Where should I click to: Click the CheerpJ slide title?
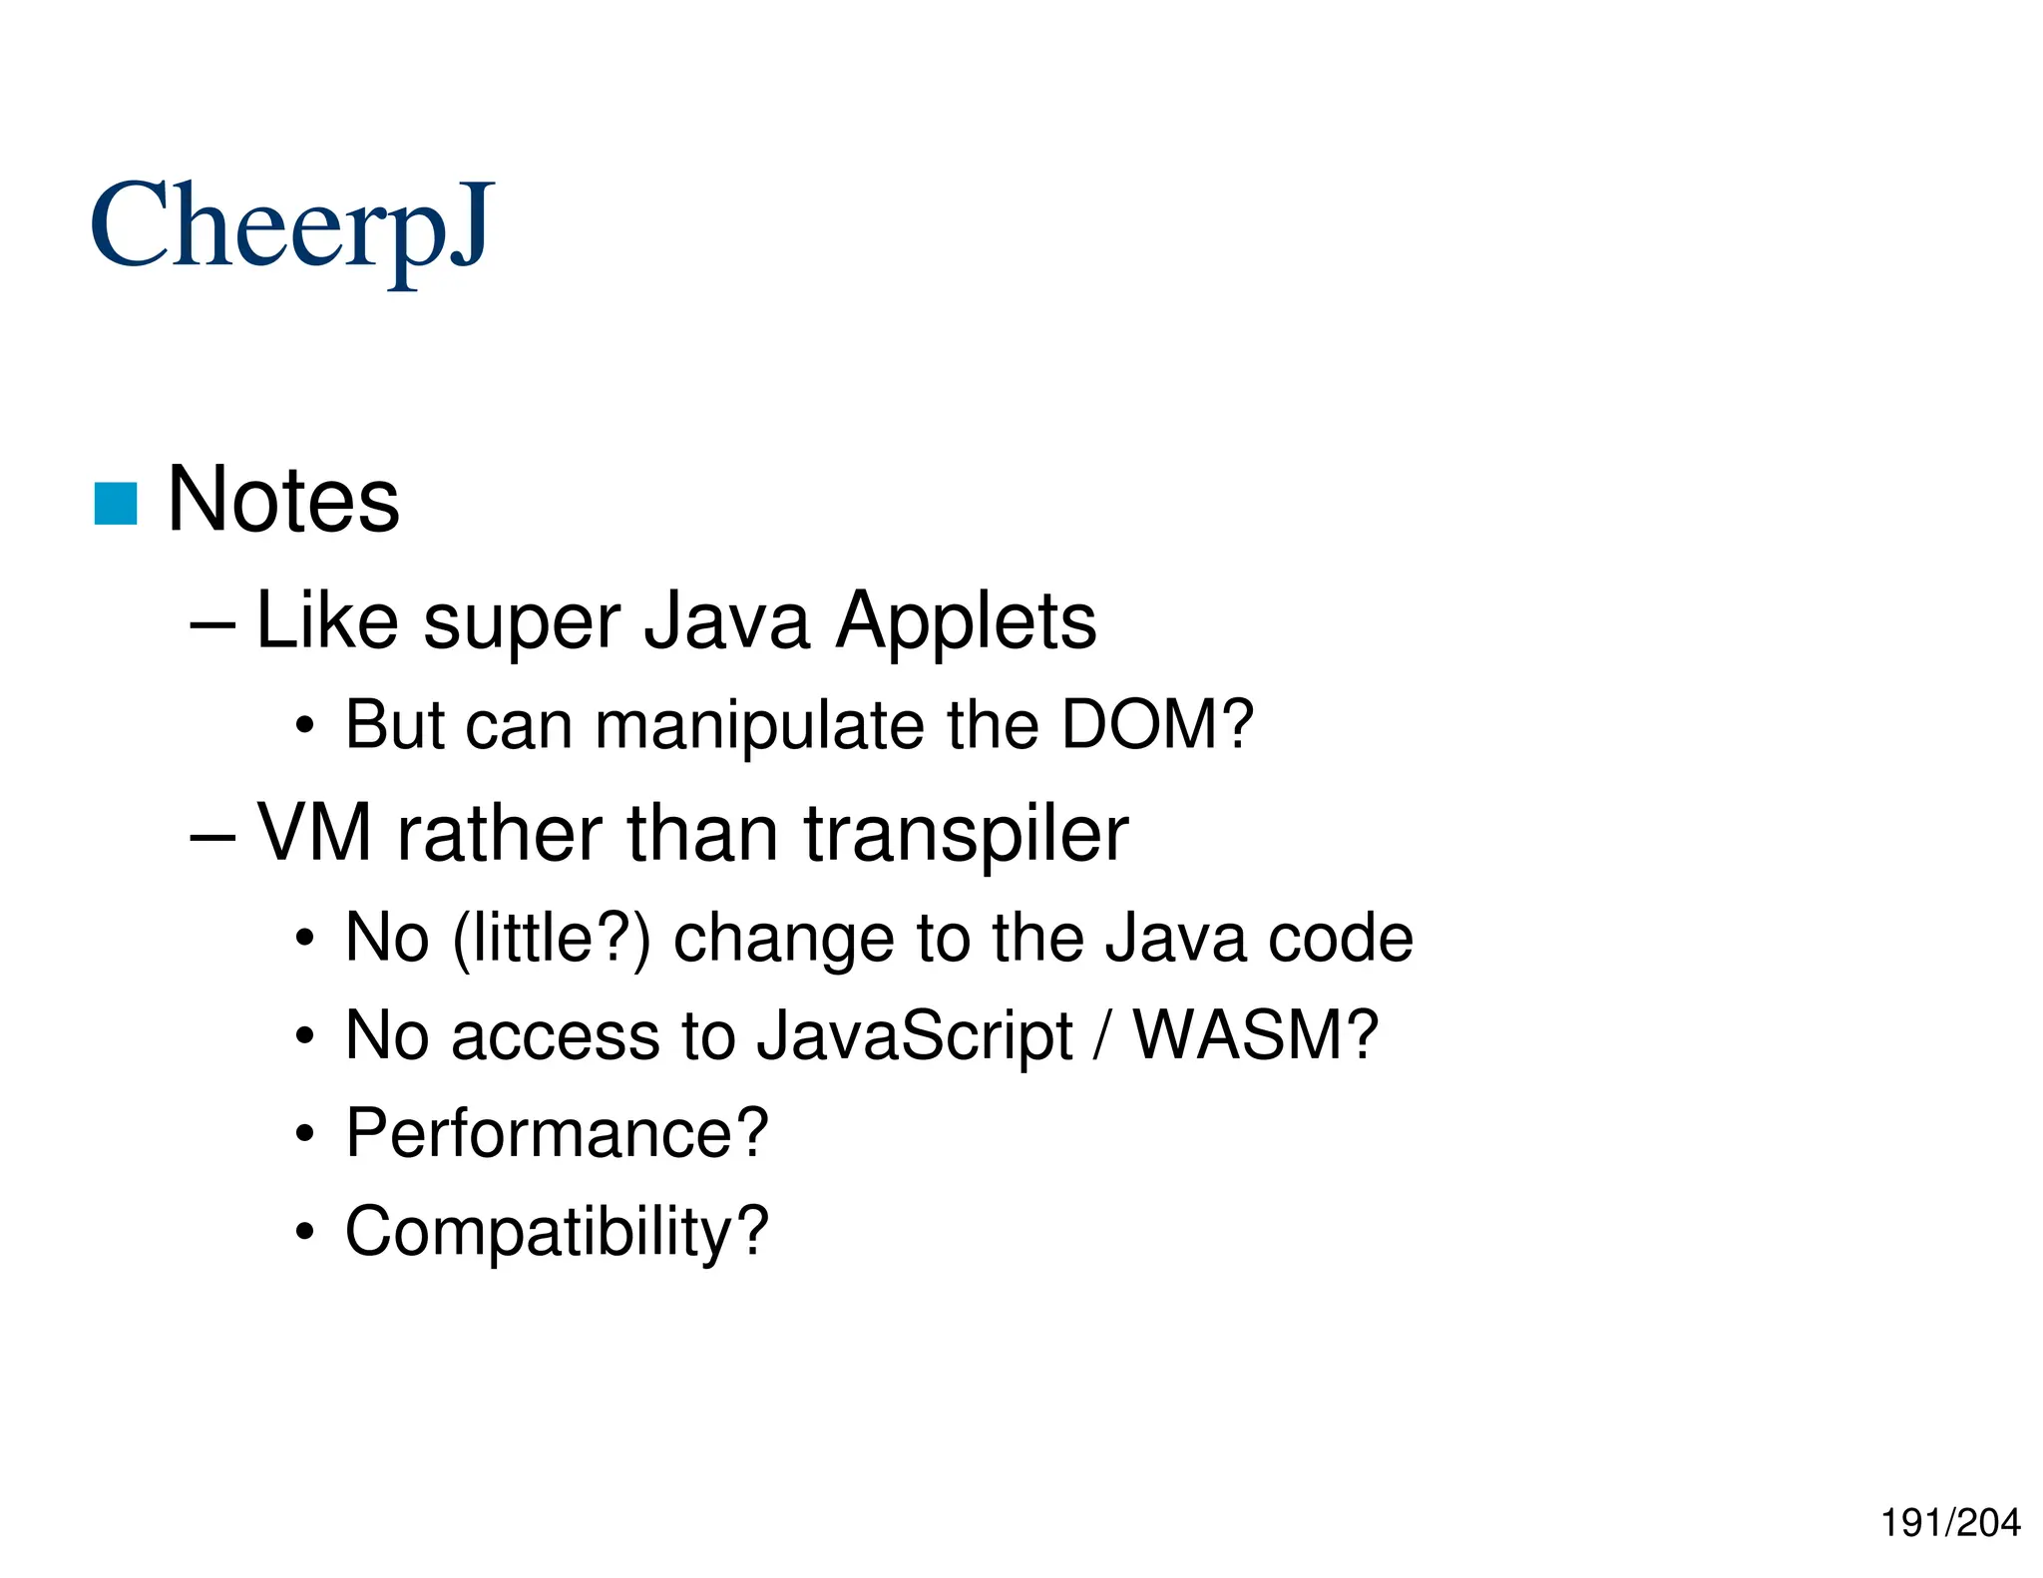point(291,227)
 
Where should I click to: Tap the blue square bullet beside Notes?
point(116,504)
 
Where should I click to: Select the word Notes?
point(283,500)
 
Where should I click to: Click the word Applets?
point(966,621)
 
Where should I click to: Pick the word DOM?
point(1156,725)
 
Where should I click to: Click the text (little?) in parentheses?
point(551,939)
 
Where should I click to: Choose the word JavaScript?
point(914,1037)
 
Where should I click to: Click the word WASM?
point(1256,1035)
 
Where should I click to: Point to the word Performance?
point(557,1134)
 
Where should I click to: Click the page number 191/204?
point(1950,1523)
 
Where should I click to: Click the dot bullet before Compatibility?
point(305,1234)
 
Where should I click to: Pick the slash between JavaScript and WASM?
point(1102,1035)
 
